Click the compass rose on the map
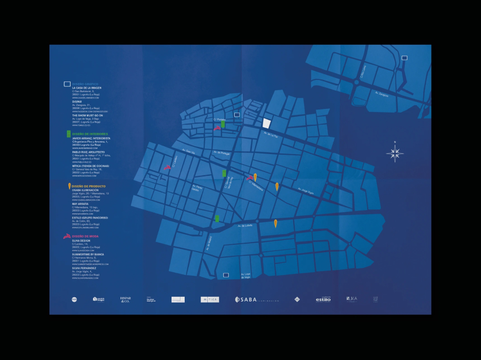point(396,153)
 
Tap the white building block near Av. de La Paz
point(267,123)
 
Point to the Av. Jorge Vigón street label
point(306,191)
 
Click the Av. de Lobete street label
point(245,226)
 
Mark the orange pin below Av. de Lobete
point(275,224)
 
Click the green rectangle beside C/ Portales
point(224,124)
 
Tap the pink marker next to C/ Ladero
point(167,167)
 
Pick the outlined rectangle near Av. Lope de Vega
point(226,275)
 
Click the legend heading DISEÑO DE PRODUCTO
point(89,186)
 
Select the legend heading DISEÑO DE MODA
point(85,236)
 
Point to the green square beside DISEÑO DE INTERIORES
point(68,134)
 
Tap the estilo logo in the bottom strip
point(323,299)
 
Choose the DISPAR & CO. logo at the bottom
point(125,299)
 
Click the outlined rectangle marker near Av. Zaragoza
point(404,58)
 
